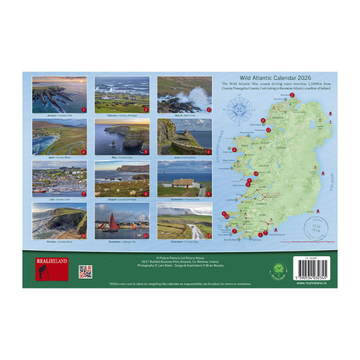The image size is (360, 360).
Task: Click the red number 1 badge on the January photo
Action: point(83,109)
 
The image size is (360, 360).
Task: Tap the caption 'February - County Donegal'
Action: point(121,115)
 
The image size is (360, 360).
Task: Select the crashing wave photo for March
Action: point(184,95)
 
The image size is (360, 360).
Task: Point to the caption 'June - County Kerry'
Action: point(184,157)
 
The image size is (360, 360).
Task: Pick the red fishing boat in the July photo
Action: point(40,190)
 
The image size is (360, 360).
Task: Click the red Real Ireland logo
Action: point(51,268)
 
